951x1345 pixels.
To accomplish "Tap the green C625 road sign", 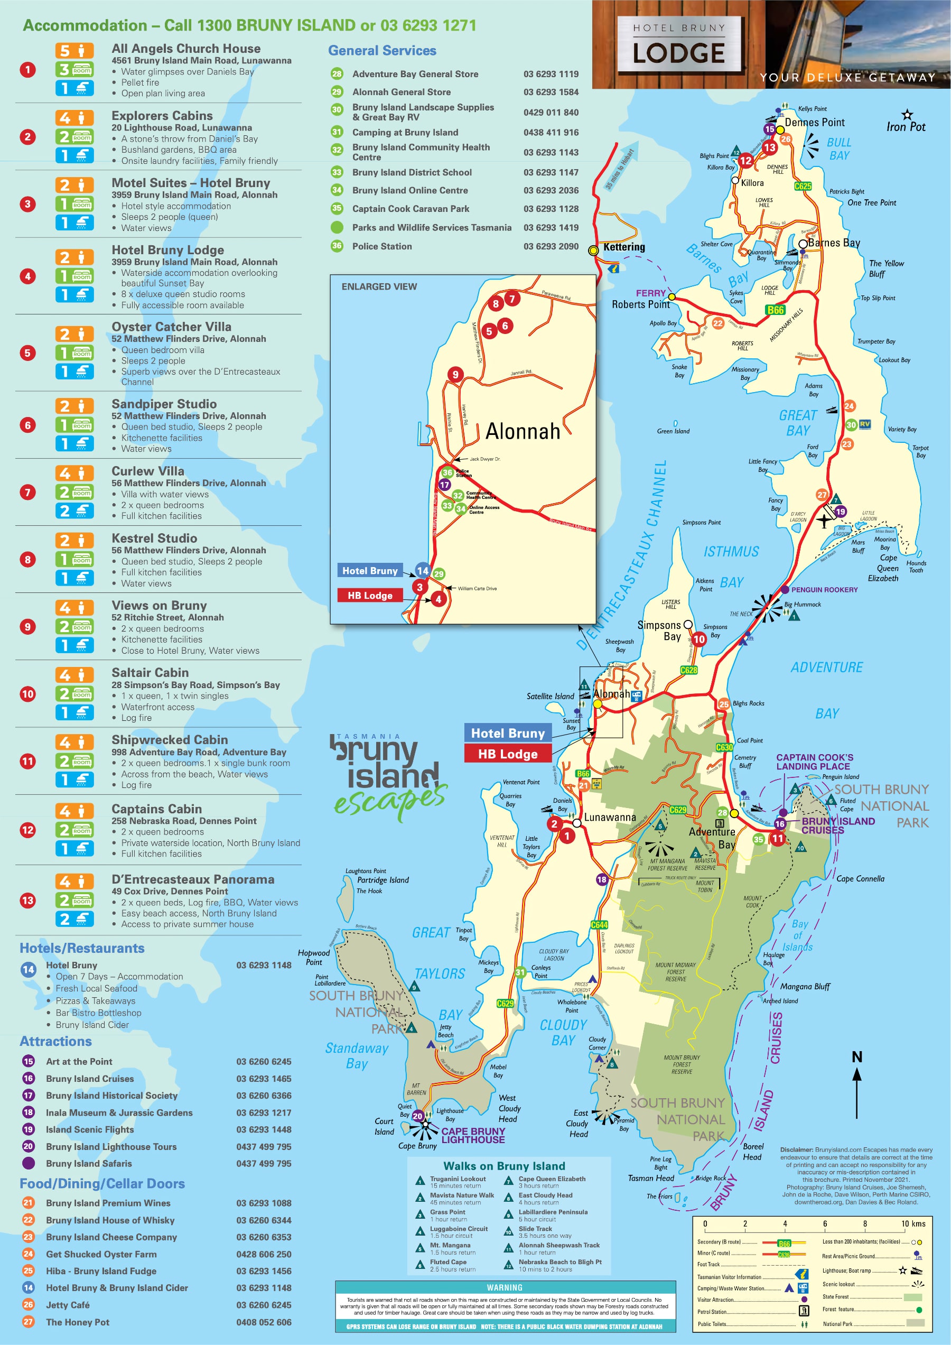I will [x=803, y=186].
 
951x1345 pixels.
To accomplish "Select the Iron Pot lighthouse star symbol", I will [x=907, y=114].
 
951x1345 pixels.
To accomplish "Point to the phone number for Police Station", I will [x=551, y=246].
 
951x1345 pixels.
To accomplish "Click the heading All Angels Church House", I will [x=185, y=49].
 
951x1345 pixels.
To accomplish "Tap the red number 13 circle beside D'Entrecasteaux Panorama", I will [x=27, y=901].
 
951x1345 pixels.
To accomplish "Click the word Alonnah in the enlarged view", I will [x=523, y=432].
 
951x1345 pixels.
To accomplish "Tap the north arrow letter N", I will [x=857, y=1057].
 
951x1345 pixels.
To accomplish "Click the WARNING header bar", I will [x=505, y=1287].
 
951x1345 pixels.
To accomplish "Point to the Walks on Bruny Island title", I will [x=504, y=1166].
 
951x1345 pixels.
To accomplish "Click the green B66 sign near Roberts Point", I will [x=775, y=310].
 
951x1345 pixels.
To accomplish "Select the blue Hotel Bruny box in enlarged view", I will [x=369, y=571].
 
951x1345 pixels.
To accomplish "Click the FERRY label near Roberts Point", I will [x=650, y=293].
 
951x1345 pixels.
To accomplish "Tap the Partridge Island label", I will [x=383, y=880].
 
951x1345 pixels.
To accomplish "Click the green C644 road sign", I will [x=599, y=925].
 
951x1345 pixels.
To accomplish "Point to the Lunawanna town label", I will [x=610, y=817].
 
